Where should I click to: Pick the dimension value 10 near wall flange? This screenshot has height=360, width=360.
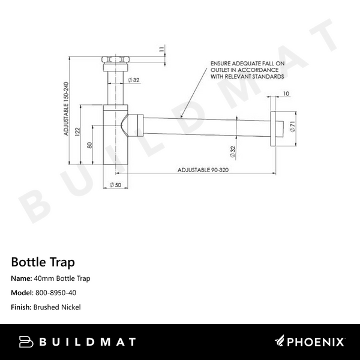[x=285, y=94]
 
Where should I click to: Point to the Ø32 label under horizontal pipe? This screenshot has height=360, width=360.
[x=232, y=151]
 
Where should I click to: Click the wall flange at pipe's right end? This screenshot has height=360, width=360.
[x=275, y=127]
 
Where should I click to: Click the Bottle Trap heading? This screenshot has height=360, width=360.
[x=43, y=262]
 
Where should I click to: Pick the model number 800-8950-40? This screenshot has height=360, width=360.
[x=55, y=293]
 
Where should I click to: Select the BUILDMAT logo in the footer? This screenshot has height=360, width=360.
[x=77, y=342]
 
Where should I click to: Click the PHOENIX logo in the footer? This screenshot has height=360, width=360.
[x=310, y=342]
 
